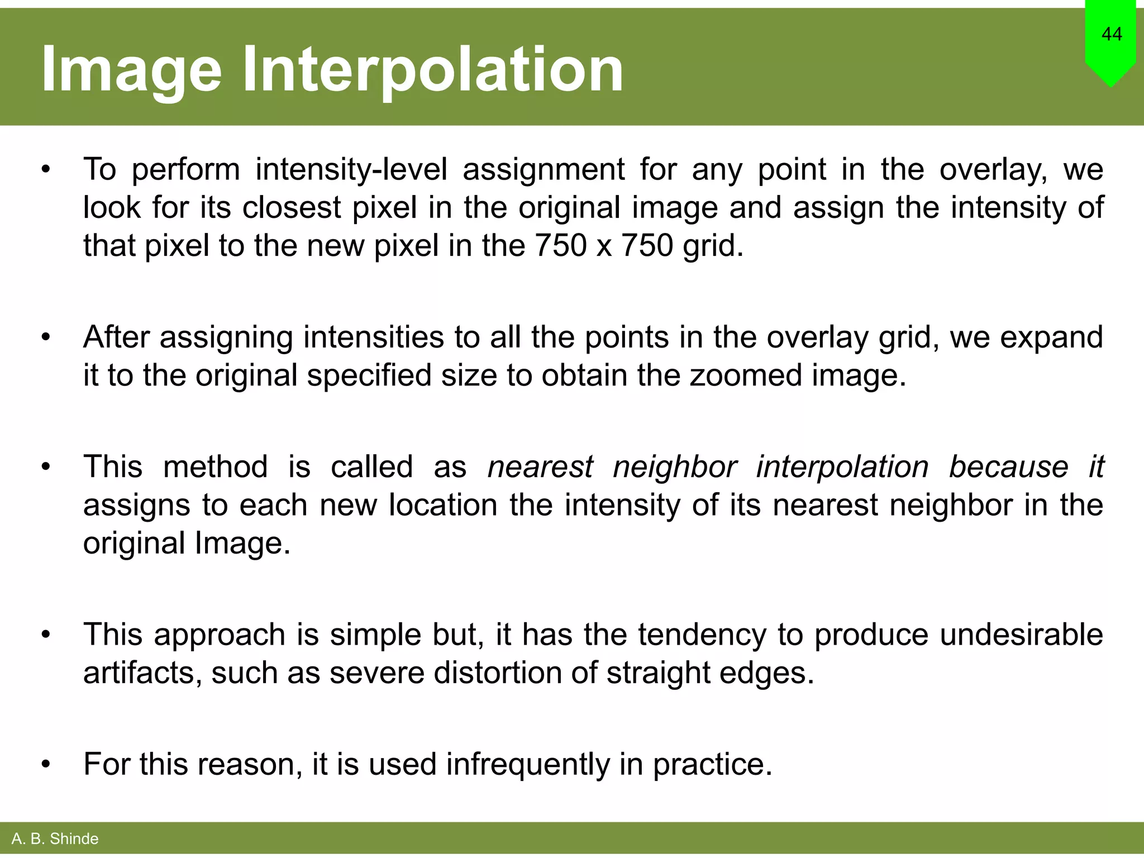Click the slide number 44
1112,34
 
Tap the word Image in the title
132,69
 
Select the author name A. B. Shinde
55,838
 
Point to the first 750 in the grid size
560,245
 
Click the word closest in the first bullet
291,207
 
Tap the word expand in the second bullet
1051,337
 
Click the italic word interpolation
842,467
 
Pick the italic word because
1008,467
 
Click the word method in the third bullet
215,467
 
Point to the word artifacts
142,673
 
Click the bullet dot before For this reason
46,764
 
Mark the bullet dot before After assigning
46,337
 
